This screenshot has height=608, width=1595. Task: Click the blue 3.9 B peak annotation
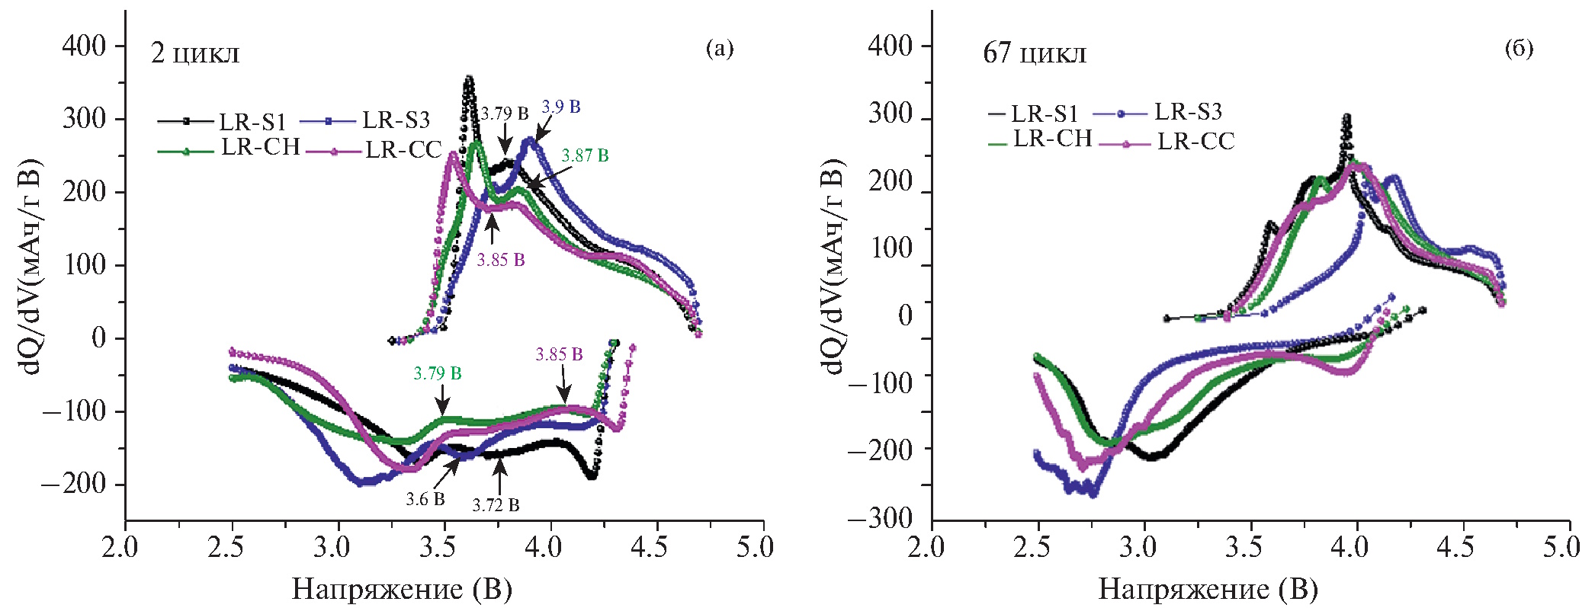[x=561, y=107]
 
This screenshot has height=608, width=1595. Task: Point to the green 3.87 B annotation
[x=585, y=155]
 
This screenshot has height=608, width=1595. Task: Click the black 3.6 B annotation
[x=425, y=500]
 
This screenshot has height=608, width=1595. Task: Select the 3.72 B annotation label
[x=496, y=505]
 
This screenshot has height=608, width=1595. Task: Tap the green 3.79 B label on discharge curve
[x=438, y=373]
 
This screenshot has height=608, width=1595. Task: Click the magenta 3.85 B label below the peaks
[x=501, y=260]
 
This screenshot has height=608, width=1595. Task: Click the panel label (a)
[x=719, y=49]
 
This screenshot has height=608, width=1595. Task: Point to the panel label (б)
[x=1519, y=49]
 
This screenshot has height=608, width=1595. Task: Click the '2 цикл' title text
[x=195, y=53]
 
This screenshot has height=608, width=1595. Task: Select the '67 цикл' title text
[x=1035, y=53]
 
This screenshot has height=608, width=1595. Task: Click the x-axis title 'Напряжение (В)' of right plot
[x=1208, y=589]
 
